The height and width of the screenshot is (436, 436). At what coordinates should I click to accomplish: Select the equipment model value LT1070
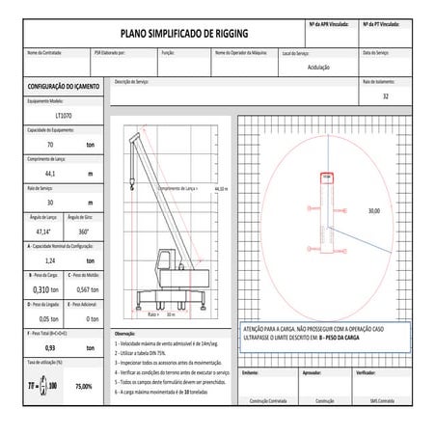[51, 115]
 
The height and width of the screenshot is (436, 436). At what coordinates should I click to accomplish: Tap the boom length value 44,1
[51, 174]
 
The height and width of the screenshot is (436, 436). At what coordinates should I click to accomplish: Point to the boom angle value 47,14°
[43, 232]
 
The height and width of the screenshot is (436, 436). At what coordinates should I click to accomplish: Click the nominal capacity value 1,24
[51, 261]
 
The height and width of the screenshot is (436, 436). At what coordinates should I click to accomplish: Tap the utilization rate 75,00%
[83, 386]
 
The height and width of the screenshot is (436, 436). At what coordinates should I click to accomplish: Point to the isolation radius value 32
[386, 97]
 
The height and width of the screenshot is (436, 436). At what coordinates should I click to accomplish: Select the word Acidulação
[318, 68]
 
